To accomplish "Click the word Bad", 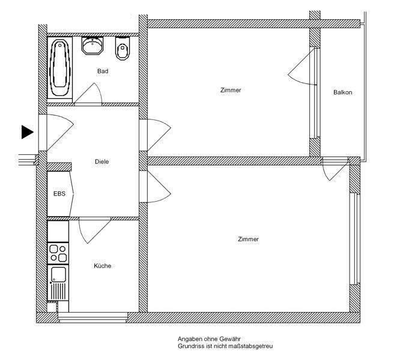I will point(103,71).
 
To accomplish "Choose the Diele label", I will point(102,161).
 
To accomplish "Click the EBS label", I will point(59,194).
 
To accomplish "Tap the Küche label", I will point(102,266).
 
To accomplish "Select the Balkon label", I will point(342,92).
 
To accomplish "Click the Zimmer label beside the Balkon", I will point(231,90).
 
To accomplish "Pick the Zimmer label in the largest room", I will point(248,239).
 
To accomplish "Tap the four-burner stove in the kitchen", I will point(58,253).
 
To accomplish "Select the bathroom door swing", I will point(89,94).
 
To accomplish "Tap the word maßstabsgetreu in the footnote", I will point(250,346).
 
